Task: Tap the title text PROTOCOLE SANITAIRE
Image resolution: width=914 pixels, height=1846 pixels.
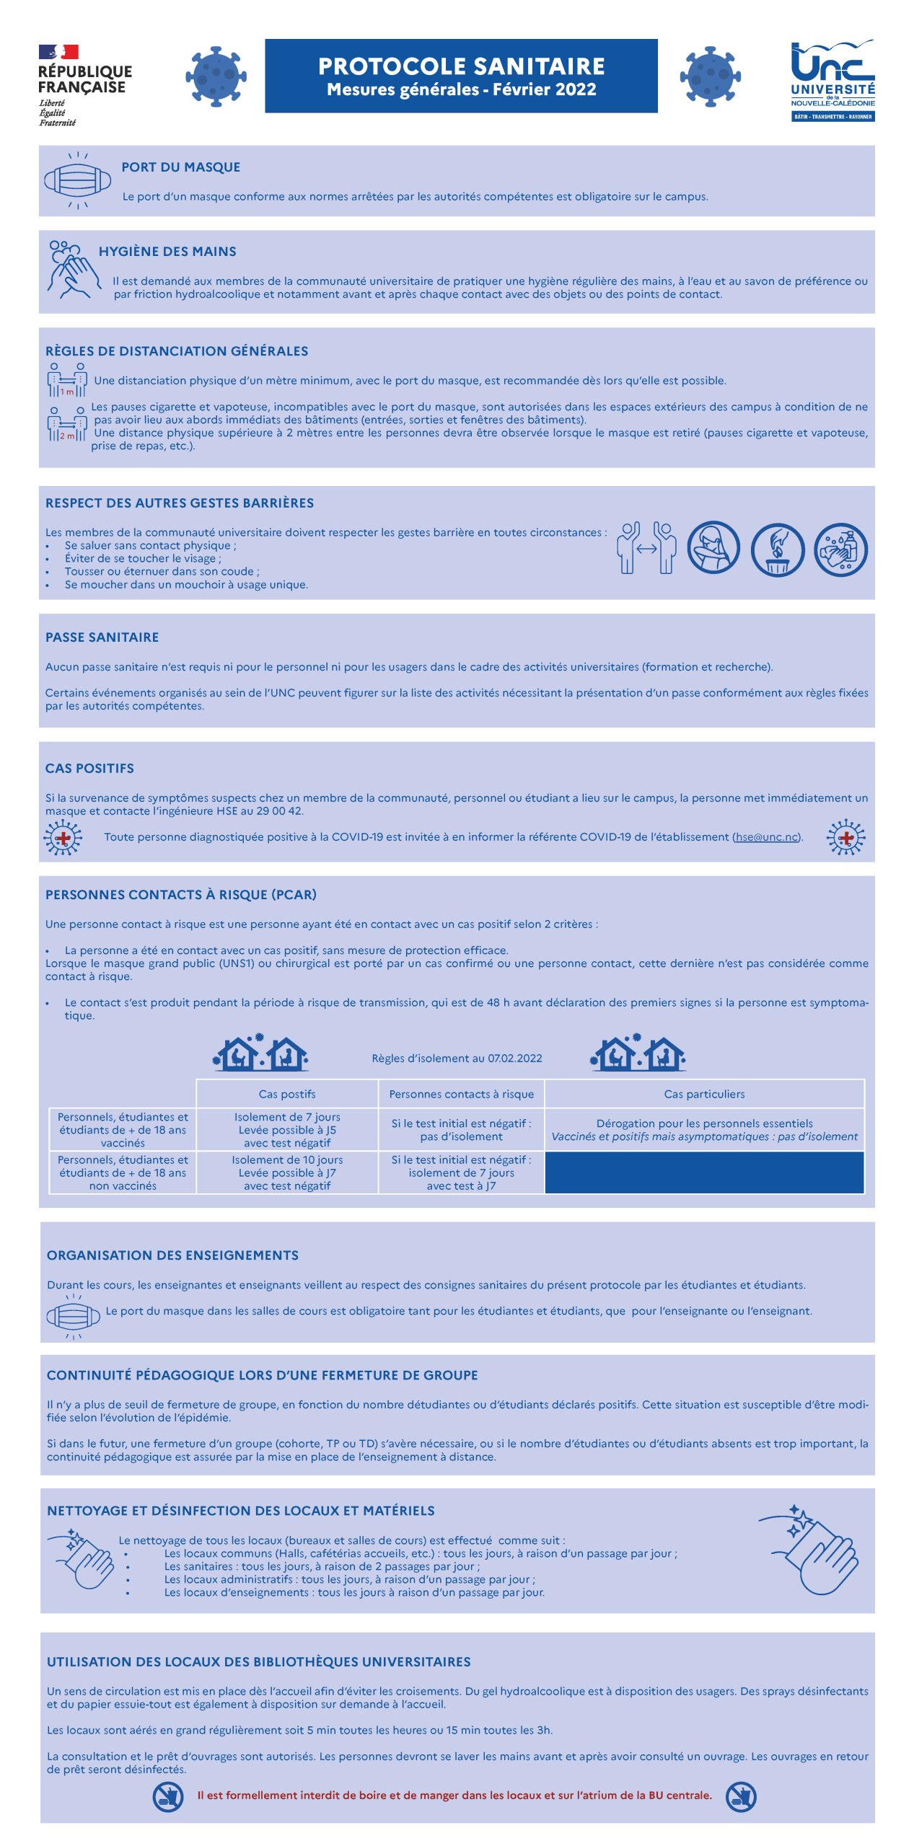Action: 461,66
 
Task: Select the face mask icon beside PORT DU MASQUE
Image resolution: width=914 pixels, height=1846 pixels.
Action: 77,180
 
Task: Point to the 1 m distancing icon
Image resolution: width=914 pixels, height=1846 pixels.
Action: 67,380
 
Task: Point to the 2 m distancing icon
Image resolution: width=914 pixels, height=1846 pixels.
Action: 67,425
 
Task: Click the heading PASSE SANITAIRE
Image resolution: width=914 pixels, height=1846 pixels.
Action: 102,637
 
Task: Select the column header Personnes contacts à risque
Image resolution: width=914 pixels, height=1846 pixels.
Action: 461,1094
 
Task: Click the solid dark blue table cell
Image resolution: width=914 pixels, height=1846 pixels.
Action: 704,1172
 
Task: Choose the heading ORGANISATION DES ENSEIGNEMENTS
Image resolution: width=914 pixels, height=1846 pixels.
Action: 172,1255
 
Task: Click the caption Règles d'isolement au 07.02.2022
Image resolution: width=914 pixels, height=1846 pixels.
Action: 457,1059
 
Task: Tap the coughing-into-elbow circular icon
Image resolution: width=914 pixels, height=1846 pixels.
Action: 713,548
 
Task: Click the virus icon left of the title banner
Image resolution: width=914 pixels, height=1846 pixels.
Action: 216,76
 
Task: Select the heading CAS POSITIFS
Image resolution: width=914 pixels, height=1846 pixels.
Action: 89,769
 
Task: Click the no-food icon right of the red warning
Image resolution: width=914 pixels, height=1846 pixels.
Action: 741,1796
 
